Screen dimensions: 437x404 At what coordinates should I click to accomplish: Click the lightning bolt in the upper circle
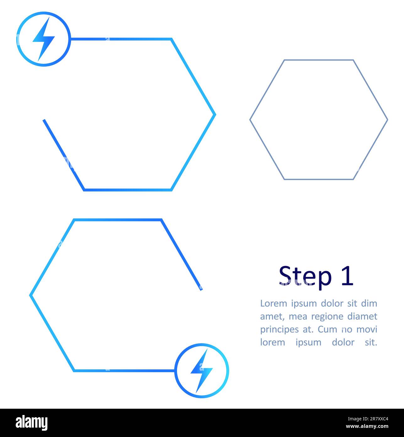(x=44, y=39)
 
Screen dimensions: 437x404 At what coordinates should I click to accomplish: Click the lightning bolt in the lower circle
(x=202, y=371)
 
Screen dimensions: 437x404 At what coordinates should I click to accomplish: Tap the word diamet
(x=362, y=316)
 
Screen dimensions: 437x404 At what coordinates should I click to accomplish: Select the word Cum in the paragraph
(x=328, y=329)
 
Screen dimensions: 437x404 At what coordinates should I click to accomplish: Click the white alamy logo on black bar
(x=32, y=423)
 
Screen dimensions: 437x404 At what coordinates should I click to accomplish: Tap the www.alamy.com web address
(x=367, y=427)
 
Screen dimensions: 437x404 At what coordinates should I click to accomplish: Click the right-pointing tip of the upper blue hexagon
(x=215, y=115)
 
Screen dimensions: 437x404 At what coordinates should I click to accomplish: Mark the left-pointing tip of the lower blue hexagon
(x=30, y=295)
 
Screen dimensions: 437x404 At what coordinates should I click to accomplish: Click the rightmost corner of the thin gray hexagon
(x=387, y=119)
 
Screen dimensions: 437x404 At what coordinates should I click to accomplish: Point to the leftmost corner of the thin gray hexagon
(x=250, y=119)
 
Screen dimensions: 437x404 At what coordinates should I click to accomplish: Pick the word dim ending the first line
(x=369, y=303)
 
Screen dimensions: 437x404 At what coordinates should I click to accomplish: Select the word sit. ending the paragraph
(x=371, y=342)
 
